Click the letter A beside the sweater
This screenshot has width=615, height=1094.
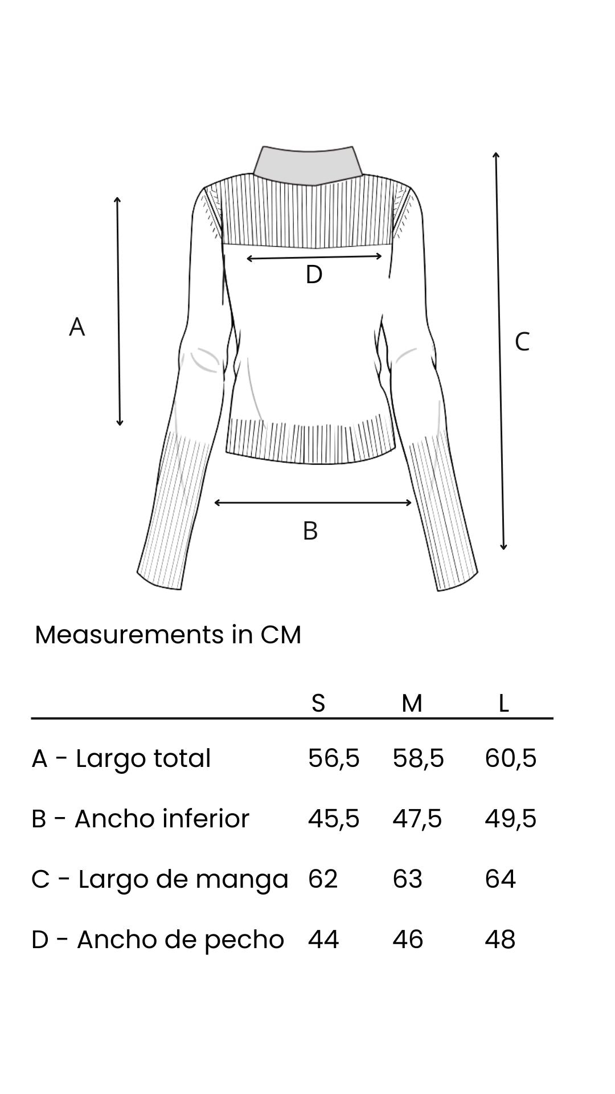(77, 327)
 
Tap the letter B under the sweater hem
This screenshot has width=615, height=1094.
(310, 530)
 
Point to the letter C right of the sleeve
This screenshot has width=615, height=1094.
(522, 342)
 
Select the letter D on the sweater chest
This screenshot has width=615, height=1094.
(314, 275)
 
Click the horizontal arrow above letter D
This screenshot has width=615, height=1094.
(314, 258)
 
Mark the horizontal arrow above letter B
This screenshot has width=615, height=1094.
(313, 502)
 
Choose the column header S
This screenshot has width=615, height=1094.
(318, 703)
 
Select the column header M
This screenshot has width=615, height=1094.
(412, 703)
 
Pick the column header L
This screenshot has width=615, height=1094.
(503, 703)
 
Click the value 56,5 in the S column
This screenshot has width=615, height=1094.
(334, 758)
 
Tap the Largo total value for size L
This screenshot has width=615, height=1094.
(510, 758)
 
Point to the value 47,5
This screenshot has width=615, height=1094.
(417, 819)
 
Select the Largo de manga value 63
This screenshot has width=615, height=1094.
(407, 879)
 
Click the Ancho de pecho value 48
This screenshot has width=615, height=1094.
(500, 939)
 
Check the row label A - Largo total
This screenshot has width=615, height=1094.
(121, 758)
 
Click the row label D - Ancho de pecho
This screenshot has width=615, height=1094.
(158, 939)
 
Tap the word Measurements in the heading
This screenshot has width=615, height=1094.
(129, 635)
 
